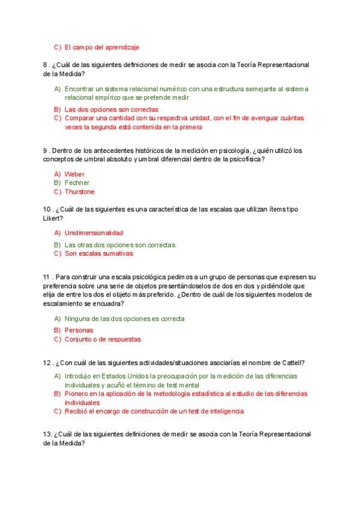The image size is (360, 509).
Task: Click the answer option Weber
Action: (75, 174)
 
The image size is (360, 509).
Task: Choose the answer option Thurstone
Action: (80, 191)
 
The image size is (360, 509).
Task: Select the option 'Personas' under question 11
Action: (79, 330)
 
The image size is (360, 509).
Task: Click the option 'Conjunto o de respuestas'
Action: (103, 339)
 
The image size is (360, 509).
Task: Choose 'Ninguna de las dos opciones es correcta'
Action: (124, 319)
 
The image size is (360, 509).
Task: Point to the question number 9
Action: (45, 150)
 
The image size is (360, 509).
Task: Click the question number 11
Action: (47, 277)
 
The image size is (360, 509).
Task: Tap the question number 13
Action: (47, 434)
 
